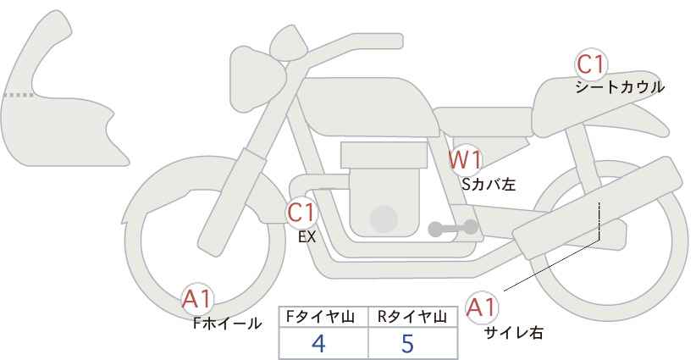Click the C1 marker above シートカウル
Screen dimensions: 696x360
pyautogui.click(x=591, y=65)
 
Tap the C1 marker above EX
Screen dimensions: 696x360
pyautogui.click(x=301, y=213)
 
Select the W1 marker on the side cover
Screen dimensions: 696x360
pyautogui.click(x=465, y=160)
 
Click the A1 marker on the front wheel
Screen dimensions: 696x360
pyautogui.click(x=197, y=300)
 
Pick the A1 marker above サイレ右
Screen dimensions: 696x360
pyautogui.click(x=482, y=308)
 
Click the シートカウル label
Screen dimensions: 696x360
pyautogui.click(x=620, y=87)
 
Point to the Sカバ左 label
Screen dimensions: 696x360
pyautogui.click(x=489, y=184)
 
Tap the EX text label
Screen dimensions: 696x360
pyautogui.click(x=307, y=237)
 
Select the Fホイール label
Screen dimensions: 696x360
pyautogui.click(x=227, y=324)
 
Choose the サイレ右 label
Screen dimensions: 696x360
pyautogui.click(x=514, y=333)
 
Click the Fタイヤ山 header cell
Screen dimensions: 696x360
pyautogui.click(x=323, y=317)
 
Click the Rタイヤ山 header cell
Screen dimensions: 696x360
pyautogui.click(x=413, y=317)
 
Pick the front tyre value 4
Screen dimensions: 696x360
pyautogui.click(x=319, y=343)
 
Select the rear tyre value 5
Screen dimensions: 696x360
pyautogui.click(x=407, y=343)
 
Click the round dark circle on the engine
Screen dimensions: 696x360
pyautogui.click(x=384, y=219)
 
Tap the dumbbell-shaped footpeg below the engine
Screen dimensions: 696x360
pyautogui.click(x=453, y=228)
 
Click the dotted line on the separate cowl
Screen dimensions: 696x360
pyautogui.click(x=19, y=95)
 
